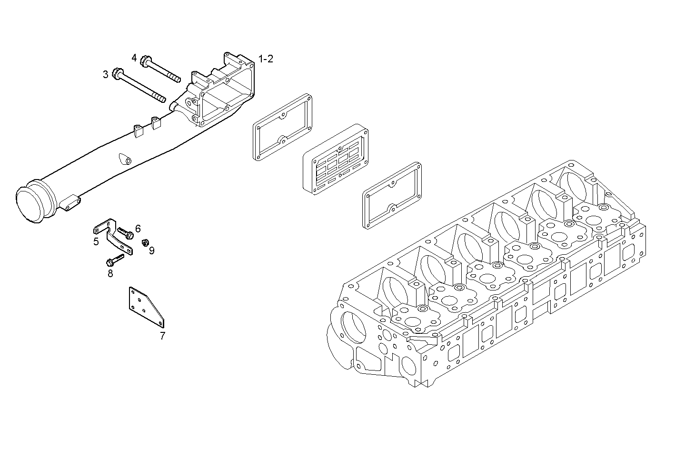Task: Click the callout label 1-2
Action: [266, 59]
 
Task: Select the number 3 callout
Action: [105, 74]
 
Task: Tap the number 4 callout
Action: [134, 58]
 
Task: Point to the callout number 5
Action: [96, 241]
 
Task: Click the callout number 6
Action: [138, 228]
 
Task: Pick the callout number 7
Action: [162, 336]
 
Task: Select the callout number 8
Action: [110, 273]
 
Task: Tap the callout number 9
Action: [151, 250]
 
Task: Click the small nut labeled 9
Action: [144, 243]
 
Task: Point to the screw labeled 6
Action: [126, 233]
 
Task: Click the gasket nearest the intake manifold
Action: [283, 128]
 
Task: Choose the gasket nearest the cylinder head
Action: [392, 195]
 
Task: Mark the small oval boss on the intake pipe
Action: [124, 159]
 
